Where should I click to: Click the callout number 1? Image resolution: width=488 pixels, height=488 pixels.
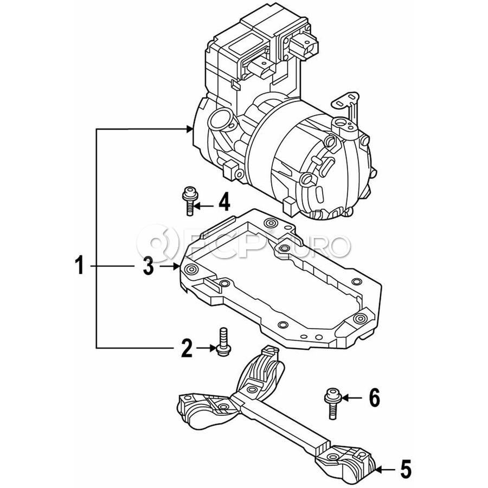80,265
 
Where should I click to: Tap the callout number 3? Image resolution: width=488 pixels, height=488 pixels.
149,266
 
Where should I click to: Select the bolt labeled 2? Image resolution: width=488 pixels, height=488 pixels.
223,342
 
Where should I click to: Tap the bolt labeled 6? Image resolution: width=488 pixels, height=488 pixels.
332,403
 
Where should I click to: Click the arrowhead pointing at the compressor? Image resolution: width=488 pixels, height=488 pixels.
189,129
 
